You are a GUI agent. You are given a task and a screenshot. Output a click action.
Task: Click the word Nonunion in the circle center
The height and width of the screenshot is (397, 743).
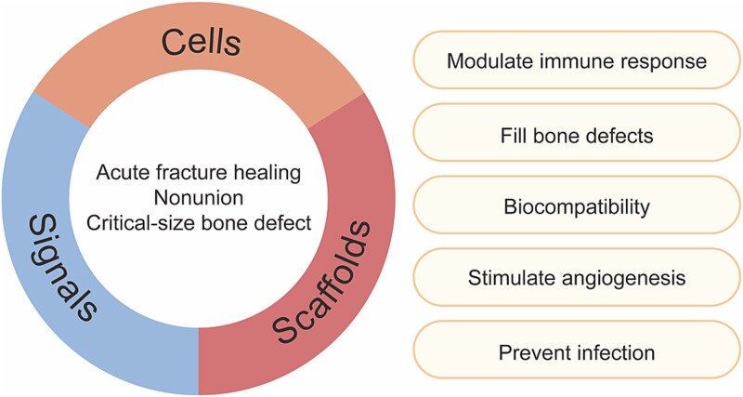point(199,197)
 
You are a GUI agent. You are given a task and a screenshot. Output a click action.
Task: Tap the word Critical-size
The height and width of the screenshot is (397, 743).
point(142,222)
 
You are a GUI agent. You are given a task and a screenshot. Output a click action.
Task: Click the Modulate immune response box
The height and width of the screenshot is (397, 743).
point(577,60)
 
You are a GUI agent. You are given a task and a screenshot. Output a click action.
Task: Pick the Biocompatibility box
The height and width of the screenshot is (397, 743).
point(577,205)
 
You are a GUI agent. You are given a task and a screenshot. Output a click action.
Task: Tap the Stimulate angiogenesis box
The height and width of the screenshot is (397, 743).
point(577,278)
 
